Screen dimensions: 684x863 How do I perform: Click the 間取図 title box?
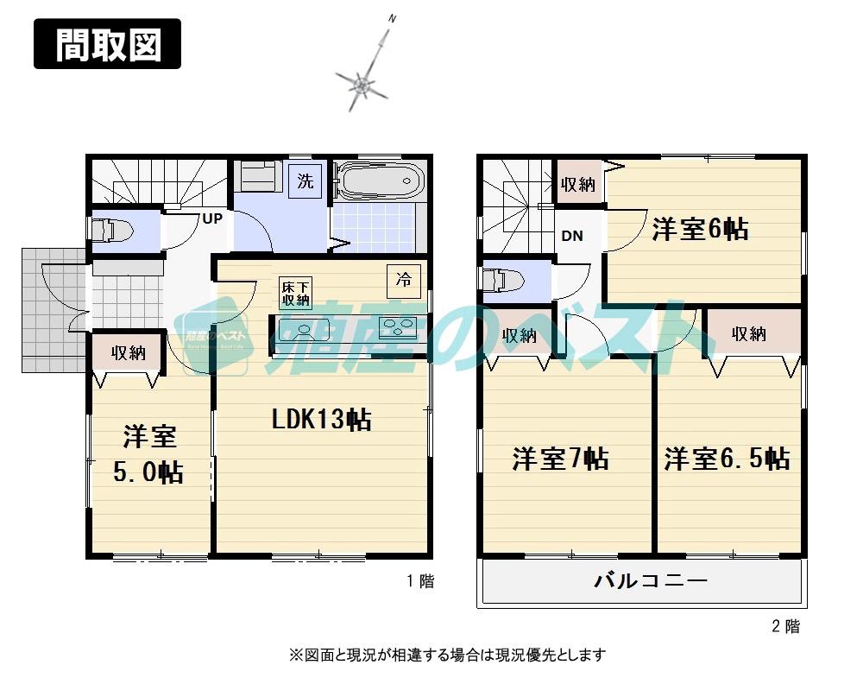click(x=108, y=43)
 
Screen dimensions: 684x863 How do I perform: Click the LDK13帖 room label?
click(x=322, y=421)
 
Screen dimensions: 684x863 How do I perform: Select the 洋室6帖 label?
click(x=700, y=230)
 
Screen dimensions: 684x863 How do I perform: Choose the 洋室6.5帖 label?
click(x=727, y=458)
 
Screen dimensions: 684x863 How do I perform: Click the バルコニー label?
click(x=651, y=580)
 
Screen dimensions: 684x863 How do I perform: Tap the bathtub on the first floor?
click(x=378, y=182)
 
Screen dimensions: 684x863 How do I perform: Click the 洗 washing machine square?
click(x=305, y=181)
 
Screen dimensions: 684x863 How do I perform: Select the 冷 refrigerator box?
click(x=404, y=280)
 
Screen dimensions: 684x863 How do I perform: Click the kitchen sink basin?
click(x=305, y=329)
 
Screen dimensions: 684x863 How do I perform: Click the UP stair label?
click(x=212, y=218)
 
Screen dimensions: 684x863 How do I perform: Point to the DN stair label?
click(x=572, y=235)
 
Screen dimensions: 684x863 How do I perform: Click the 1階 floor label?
click(x=420, y=581)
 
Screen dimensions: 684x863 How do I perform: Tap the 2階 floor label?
click(x=786, y=627)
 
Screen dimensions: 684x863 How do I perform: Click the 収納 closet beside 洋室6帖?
click(x=578, y=183)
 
